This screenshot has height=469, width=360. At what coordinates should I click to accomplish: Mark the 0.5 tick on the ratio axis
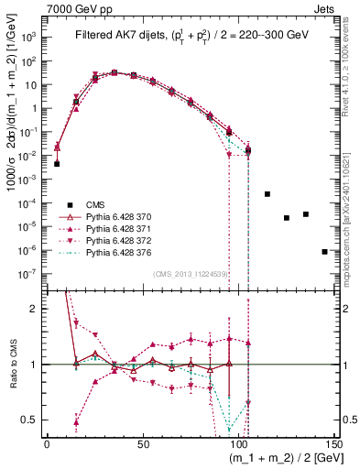pos(33,420)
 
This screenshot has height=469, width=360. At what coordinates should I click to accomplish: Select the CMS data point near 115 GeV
pos(267,194)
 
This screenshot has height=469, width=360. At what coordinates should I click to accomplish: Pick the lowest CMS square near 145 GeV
pos(325,251)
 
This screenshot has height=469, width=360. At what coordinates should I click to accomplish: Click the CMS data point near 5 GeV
pos(57,164)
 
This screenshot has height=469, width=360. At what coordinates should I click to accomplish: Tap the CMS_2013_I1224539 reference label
pos(191,272)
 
